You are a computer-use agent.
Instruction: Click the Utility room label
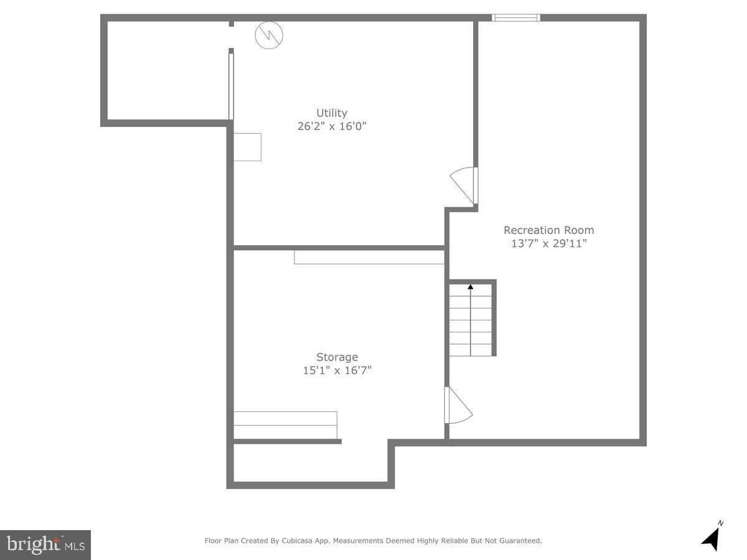(x=331, y=113)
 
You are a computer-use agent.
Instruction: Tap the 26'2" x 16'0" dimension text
(x=331, y=126)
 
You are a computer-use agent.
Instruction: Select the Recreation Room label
(x=548, y=230)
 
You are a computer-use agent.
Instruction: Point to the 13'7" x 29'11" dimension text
(x=548, y=243)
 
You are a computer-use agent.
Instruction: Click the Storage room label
(x=337, y=357)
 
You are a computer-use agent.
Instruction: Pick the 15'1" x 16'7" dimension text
(x=337, y=370)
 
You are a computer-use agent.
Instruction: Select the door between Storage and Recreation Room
(x=457, y=406)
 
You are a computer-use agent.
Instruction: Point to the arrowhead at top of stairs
(x=471, y=287)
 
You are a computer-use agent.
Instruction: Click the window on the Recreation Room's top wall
(x=515, y=17)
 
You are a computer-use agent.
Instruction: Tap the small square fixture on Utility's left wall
(x=247, y=147)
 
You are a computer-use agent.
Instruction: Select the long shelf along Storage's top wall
(x=369, y=257)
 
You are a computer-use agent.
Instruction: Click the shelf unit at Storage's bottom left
(x=285, y=425)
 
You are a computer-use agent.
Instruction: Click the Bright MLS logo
(x=45, y=544)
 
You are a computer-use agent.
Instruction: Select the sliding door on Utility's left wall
(x=231, y=86)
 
